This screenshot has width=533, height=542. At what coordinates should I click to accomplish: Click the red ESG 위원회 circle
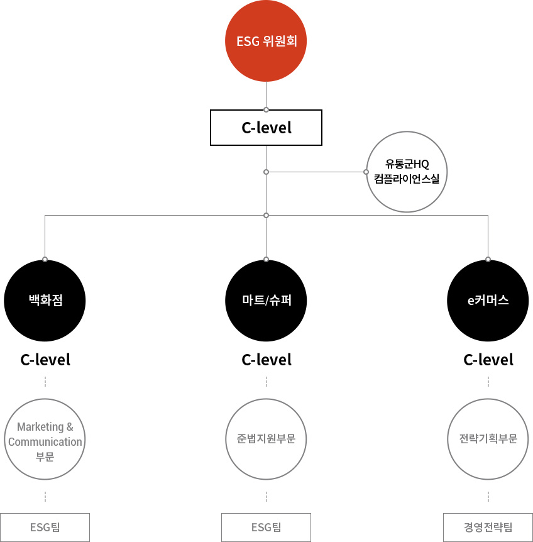tap(266, 41)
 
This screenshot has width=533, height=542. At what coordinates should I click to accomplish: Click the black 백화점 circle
tap(45, 301)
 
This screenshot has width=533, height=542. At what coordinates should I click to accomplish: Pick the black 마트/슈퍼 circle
tap(266, 301)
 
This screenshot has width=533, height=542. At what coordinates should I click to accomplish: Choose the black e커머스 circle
tap(488, 301)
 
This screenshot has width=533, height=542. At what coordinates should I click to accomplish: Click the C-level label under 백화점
tap(45, 360)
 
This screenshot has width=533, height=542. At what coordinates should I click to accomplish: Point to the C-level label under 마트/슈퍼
tap(266, 360)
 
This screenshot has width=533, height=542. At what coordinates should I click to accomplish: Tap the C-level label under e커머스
tap(488, 360)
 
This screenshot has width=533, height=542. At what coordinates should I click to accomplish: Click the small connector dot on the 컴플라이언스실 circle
tap(366, 172)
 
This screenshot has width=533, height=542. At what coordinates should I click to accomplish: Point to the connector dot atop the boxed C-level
tap(266, 110)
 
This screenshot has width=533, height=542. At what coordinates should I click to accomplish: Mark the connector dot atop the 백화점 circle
tap(45, 259)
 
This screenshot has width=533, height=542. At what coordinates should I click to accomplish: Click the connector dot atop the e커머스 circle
tap(488, 259)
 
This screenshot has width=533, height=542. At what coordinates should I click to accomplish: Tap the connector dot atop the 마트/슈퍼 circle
tap(266, 259)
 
